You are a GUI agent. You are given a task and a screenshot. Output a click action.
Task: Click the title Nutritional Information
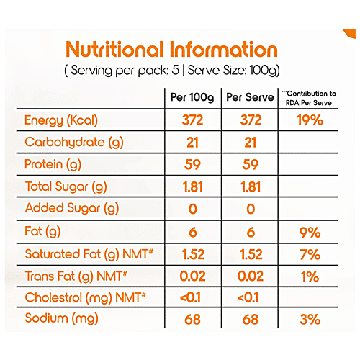click(171, 50)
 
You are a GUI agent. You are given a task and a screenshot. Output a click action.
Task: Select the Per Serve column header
click(248, 97)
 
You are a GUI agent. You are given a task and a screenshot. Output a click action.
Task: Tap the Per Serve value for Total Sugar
click(248, 186)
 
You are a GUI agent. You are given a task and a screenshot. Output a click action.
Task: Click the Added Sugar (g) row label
click(72, 209)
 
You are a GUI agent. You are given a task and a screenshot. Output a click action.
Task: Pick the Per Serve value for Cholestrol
click(248, 297)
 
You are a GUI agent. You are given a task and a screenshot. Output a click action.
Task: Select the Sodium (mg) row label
click(60, 319)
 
